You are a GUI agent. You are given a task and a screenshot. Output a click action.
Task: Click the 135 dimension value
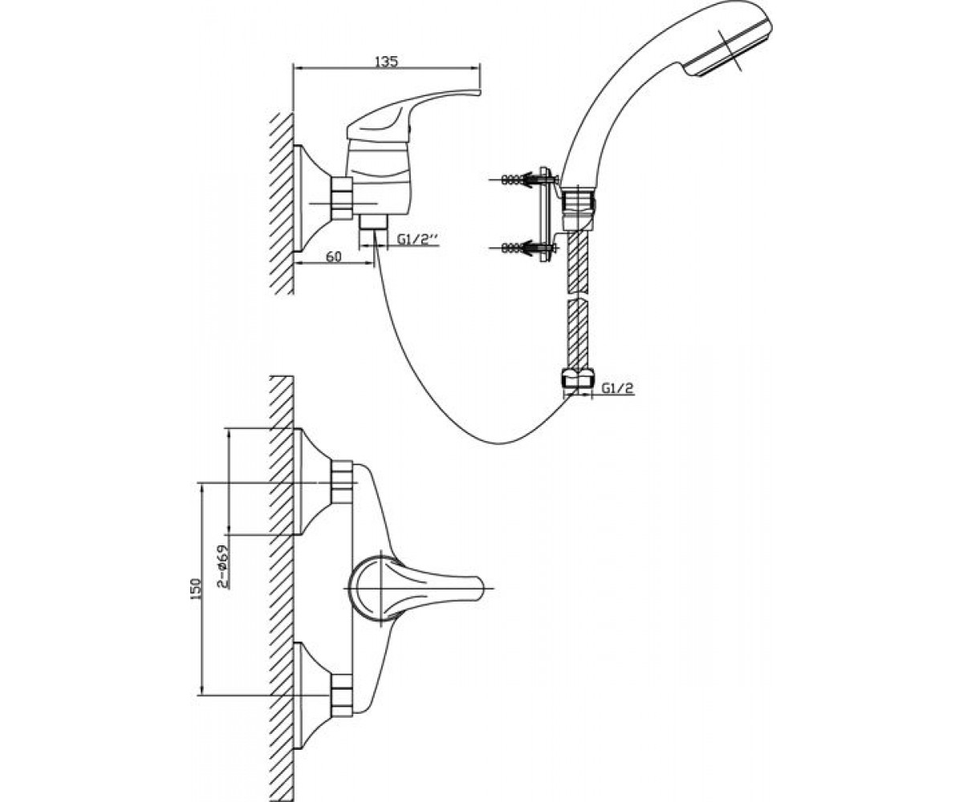coord(387,61)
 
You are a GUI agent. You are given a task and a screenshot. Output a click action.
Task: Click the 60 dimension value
coord(334,257)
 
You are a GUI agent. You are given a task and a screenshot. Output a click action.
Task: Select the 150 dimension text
coord(196,588)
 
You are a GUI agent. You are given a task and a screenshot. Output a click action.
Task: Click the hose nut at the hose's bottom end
coord(576,377)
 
